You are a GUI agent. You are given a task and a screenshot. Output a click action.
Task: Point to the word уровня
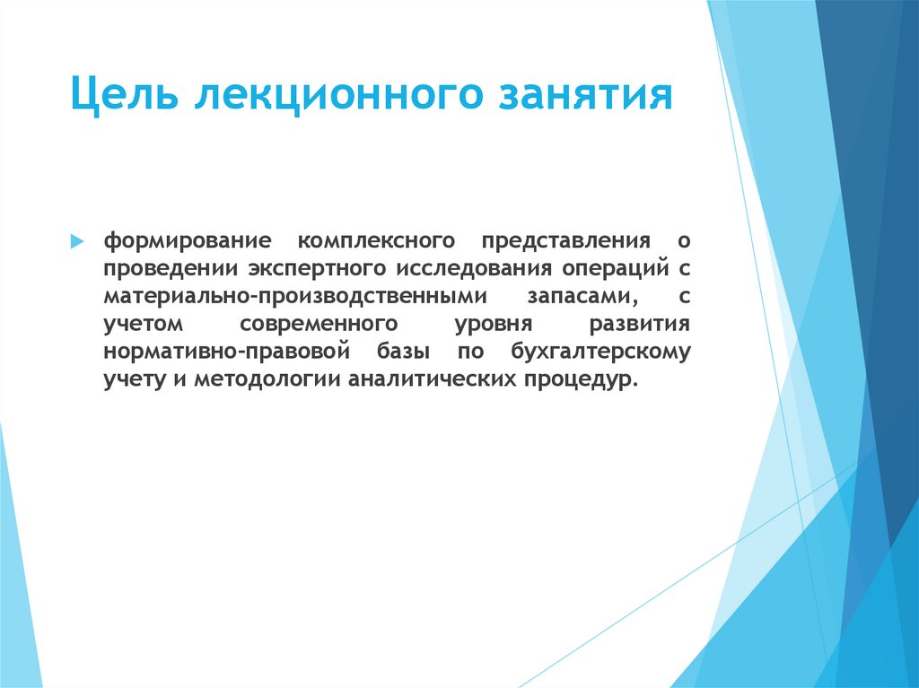[x=495, y=324]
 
